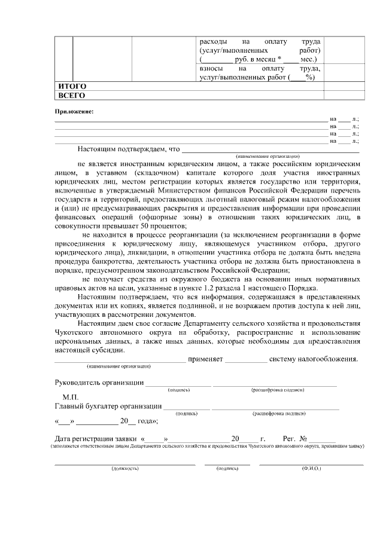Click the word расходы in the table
coord(213,41)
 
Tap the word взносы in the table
coord(211,69)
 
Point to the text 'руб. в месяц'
coord(254,59)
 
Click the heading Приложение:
coord(75,112)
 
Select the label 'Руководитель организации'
coord(99,383)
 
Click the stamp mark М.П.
coord(71,396)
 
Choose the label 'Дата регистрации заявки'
coord(96,438)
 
